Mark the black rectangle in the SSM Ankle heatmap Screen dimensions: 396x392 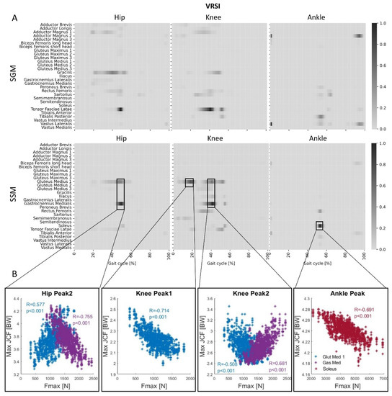coord(319,225)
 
